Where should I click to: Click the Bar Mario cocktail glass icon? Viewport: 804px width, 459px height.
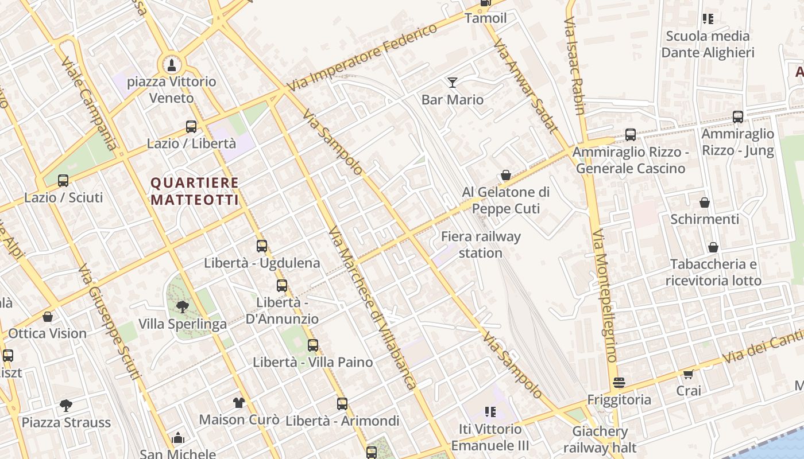[453, 83]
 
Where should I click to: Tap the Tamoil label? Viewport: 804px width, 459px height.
[486, 18]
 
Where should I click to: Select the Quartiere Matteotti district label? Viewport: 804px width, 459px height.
[194, 191]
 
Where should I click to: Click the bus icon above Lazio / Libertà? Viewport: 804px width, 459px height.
[191, 127]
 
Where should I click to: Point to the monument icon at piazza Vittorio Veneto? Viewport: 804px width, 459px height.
[171, 65]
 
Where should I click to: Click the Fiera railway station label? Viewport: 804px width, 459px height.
[481, 244]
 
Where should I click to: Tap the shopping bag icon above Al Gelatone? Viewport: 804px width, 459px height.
[506, 175]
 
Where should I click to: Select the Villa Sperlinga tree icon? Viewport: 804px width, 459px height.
[183, 307]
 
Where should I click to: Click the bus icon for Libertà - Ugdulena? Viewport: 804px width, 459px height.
[262, 246]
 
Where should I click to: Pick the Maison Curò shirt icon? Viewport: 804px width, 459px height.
[239, 402]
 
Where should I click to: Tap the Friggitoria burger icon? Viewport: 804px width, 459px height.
[619, 383]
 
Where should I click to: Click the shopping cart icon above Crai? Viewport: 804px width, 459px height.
[688, 374]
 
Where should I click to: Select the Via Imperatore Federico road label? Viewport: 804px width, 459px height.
[363, 57]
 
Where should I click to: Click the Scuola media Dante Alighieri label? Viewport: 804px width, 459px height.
[708, 44]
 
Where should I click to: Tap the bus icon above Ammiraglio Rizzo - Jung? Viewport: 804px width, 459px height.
[738, 117]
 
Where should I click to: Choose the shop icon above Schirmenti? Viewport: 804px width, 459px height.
[705, 203]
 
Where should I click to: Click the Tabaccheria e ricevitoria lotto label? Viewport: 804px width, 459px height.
[713, 273]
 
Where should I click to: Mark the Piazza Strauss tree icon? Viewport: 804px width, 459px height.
[66, 406]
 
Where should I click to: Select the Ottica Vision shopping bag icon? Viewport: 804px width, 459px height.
[48, 317]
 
